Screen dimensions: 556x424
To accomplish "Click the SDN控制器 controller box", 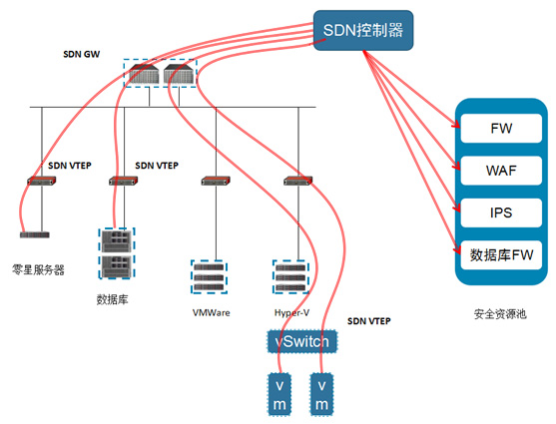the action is [363, 30].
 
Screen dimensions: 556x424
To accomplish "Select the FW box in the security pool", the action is [501, 129].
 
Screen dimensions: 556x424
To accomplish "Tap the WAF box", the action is [501, 171].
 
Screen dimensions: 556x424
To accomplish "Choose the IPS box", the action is [501, 212].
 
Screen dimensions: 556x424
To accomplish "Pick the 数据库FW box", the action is [501, 254].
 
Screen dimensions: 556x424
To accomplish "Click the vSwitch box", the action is [302, 341].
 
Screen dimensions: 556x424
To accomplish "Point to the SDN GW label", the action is [81, 54].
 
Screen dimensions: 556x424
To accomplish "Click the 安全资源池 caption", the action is [500, 314].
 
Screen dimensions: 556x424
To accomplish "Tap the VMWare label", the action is [211, 312].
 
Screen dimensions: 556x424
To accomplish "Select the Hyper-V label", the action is [291, 312].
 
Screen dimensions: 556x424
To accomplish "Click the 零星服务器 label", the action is [38, 269].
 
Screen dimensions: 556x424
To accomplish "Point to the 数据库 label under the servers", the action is [112, 299].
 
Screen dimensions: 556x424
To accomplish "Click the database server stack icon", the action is [117, 253].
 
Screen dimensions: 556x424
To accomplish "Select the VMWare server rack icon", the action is [209, 277].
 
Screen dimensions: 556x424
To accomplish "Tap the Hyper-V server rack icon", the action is [290, 277].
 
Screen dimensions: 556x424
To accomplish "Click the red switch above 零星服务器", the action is [42, 181].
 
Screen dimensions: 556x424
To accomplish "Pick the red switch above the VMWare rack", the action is [216, 181].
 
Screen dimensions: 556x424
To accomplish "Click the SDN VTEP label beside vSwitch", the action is [368, 321].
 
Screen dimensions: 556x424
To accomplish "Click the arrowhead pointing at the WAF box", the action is [456, 166].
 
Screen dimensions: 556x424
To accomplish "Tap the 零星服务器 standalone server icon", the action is [34, 234].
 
